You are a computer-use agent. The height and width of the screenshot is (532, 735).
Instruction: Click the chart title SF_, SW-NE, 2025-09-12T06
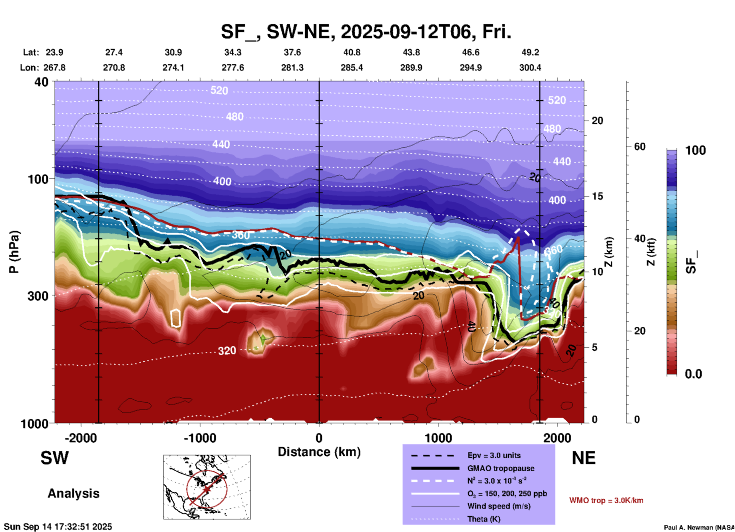pyautogui.click(x=366, y=32)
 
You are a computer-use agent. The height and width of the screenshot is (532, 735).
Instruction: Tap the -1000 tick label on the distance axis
pyautogui.click(x=200, y=438)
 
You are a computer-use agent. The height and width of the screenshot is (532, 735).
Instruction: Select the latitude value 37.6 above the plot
pyautogui.click(x=292, y=52)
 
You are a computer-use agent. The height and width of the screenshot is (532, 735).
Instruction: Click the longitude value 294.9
pyautogui.click(x=471, y=68)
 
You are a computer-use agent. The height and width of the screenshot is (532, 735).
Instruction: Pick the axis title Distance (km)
pyautogui.click(x=319, y=452)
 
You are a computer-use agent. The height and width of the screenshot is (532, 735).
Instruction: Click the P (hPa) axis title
pyautogui.click(x=14, y=252)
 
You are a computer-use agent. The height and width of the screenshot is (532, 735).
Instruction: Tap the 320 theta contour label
pyautogui.click(x=227, y=351)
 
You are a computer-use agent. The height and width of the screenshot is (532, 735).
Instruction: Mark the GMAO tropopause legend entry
pyautogui.click(x=501, y=468)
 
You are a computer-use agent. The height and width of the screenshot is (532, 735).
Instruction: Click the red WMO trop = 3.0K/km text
pyautogui.click(x=606, y=500)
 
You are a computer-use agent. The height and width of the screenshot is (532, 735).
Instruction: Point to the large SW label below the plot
pyautogui.click(x=55, y=458)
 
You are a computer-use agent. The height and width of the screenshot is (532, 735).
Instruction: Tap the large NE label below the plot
pyautogui.click(x=583, y=458)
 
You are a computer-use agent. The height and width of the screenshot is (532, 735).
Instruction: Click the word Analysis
pyautogui.click(x=73, y=493)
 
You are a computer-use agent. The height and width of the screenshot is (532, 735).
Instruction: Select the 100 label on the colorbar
pyautogui.click(x=695, y=150)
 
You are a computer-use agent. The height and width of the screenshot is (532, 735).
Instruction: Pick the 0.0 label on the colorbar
pyautogui.click(x=693, y=374)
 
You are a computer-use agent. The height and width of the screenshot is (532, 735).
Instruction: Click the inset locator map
pyautogui.click(x=207, y=487)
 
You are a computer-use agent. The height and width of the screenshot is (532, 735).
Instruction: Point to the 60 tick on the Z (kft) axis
pyautogui.click(x=639, y=147)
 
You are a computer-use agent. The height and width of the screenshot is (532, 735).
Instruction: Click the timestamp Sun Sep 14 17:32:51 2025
pyautogui.click(x=58, y=527)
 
